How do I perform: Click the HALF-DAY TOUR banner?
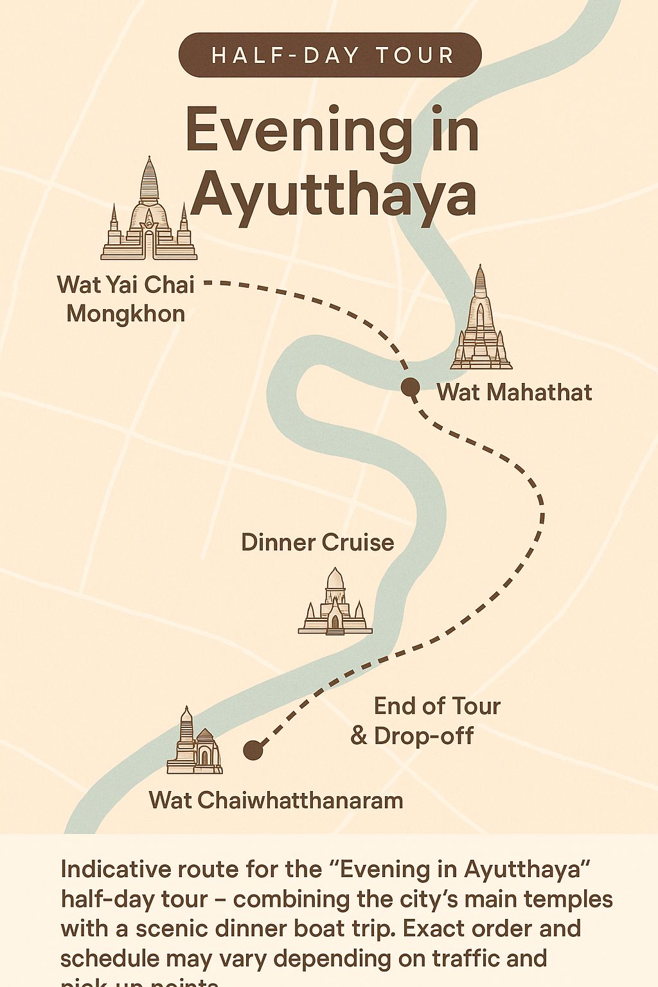(x=330, y=55)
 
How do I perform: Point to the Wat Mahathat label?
(x=514, y=392)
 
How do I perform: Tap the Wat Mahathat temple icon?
(x=481, y=321)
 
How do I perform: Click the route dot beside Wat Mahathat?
(x=410, y=387)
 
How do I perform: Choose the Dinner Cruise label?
(x=317, y=542)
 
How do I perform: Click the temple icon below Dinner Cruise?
(x=335, y=604)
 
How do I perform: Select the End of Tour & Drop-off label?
(x=425, y=720)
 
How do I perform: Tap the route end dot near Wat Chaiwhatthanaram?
(x=253, y=750)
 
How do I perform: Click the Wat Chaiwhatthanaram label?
(x=276, y=801)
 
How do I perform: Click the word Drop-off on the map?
(x=423, y=736)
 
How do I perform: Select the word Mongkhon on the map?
(x=126, y=314)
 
